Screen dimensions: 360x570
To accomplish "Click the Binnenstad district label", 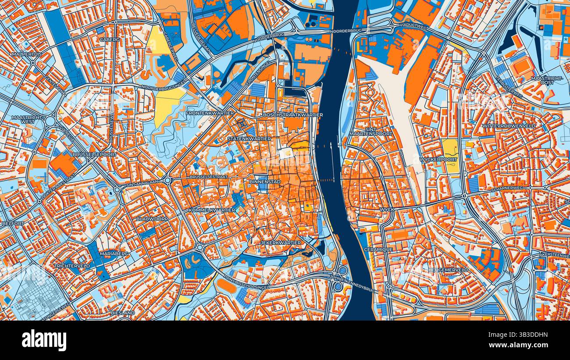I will (x=265, y=181).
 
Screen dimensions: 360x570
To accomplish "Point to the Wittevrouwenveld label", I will (x=509, y=126).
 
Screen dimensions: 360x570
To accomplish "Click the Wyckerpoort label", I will (x=438, y=159).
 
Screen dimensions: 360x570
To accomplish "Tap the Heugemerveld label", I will (x=448, y=270).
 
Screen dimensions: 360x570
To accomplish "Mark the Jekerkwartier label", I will (x=281, y=242).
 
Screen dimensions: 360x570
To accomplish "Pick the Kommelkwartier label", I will (x=212, y=210).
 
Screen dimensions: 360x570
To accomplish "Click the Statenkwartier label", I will (x=249, y=139).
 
